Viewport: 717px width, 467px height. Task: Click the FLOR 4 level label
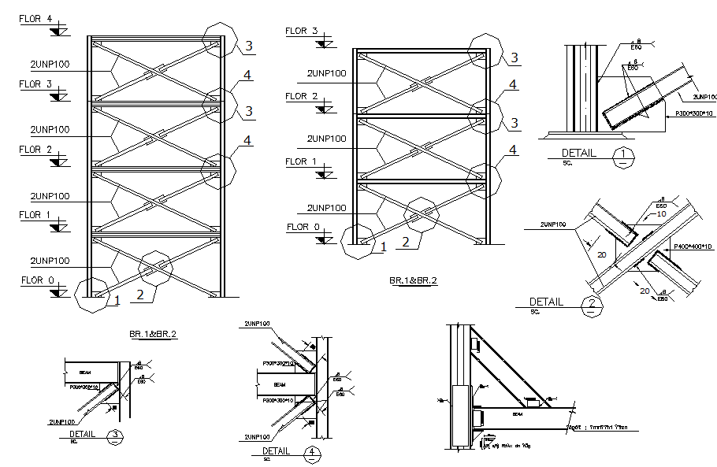[x=36, y=18]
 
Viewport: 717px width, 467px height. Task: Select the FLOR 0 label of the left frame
[x=36, y=280]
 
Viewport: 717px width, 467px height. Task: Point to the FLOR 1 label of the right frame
[x=302, y=161]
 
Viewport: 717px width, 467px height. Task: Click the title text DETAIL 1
[x=579, y=153]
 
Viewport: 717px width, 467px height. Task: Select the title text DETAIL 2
[x=547, y=302]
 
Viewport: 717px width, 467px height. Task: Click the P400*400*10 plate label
[x=693, y=247]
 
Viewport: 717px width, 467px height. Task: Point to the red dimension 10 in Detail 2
[x=661, y=214]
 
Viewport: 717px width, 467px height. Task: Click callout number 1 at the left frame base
[x=116, y=299]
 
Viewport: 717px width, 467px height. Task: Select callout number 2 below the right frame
[x=405, y=242]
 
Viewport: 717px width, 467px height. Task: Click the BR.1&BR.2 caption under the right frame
[x=413, y=280]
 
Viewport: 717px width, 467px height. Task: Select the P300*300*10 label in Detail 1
[x=693, y=115]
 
